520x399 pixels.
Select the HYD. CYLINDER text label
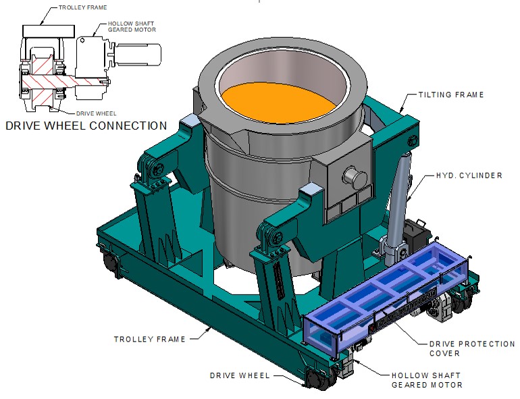(x=469, y=176)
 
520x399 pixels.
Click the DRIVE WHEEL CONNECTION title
(x=86, y=126)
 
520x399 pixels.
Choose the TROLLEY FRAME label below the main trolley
(x=149, y=339)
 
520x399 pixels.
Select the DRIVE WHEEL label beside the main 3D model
(x=240, y=375)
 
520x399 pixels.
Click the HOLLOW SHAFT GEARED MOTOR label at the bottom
(x=427, y=380)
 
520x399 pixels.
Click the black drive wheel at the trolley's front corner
(x=313, y=379)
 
